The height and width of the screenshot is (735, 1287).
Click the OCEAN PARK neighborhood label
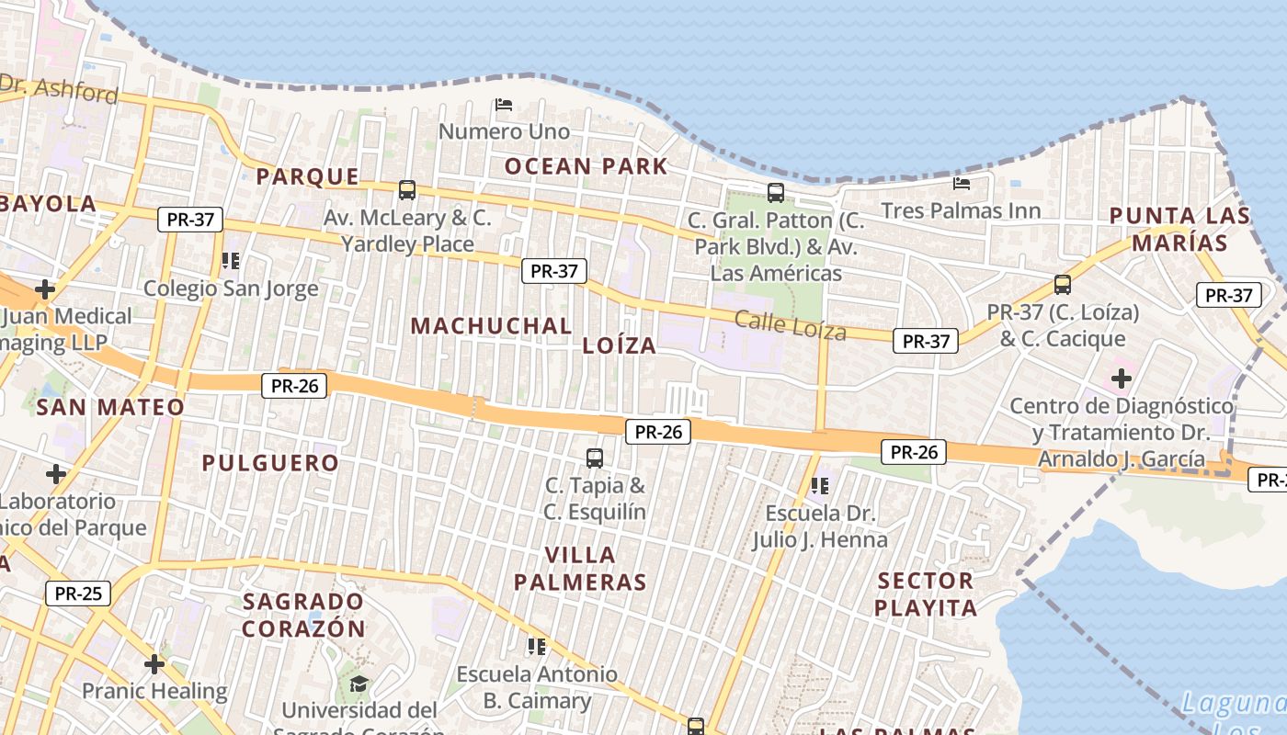click(x=586, y=166)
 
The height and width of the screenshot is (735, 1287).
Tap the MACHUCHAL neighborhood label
click(x=491, y=325)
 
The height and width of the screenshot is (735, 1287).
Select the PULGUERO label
click(x=270, y=462)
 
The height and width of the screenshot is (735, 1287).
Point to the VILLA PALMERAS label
click(x=580, y=568)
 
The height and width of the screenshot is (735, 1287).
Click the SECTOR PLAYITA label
click(x=926, y=594)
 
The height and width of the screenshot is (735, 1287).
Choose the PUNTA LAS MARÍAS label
click(x=1179, y=229)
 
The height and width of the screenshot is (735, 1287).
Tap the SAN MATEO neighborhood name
click(x=110, y=406)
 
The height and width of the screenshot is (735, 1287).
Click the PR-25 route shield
click(x=78, y=593)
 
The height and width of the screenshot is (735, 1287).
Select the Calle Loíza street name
click(x=790, y=323)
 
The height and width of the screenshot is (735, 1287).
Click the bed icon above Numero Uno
click(x=504, y=105)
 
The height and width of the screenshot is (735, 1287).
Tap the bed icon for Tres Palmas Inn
click(x=962, y=184)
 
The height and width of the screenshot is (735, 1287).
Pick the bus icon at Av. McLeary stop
click(x=407, y=190)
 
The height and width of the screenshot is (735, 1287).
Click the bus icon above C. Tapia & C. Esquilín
click(x=595, y=458)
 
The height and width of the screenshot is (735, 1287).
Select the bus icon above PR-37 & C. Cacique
click(x=1063, y=284)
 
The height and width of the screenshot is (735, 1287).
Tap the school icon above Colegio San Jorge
click(x=231, y=261)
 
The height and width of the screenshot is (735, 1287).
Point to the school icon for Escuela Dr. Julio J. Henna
click(x=820, y=485)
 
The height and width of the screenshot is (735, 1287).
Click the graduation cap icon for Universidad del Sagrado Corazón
click(x=359, y=684)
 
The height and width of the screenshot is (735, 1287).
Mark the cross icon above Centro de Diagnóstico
click(x=1121, y=378)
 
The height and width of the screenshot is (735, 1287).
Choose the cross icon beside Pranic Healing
click(x=154, y=663)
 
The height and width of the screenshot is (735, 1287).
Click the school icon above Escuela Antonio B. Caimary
click(x=537, y=647)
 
